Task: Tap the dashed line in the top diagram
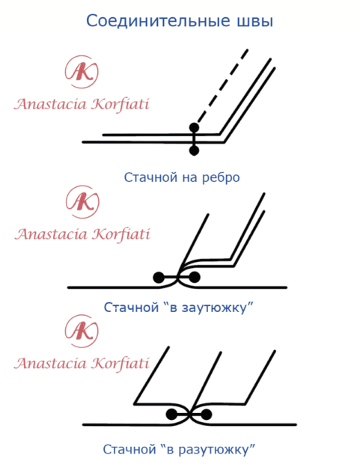click(221, 88)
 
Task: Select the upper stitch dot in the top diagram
click(195, 127)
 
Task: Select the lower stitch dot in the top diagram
click(195, 150)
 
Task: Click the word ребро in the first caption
click(221, 178)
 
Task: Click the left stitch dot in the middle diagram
click(159, 277)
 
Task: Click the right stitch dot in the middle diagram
click(195, 277)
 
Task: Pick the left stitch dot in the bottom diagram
click(171, 415)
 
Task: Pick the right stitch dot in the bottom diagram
click(207, 415)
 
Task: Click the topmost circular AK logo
click(82, 72)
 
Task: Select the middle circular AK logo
click(82, 202)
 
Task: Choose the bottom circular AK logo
click(82, 332)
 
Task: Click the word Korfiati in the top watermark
click(120, 105)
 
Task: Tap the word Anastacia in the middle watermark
click(51, 234)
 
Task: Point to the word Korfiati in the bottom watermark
click(120, 364)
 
